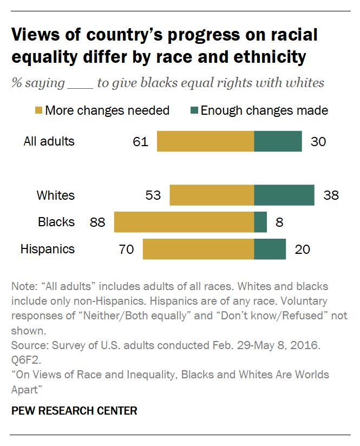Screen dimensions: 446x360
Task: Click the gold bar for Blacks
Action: pyautogui.click(x=184, y=222)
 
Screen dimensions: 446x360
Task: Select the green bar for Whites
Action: pyautogui.click(x=284, y=195)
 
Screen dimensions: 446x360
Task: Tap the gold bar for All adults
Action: pyautogui.click(x=206, y=141)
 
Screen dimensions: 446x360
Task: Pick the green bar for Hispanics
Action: pyautogui.click(x=270, y=250)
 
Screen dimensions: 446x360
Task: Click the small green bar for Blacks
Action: pyautogui.click(x=260, y=222)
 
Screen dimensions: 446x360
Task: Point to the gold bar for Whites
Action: pyautogui.click(x=212, y=195)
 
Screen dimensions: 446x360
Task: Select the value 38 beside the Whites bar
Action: pyautogui.click(x=330, y=195)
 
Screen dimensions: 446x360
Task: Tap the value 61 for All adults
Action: pyautogui.click(x=140, y=141)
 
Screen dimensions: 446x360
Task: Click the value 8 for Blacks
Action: pyautogui.click(x=280, y=222)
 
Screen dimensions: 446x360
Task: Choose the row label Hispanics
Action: pyautogui.click(x=48, y=250)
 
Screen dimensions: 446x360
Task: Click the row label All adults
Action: pyautogui.click(x=49, y=141)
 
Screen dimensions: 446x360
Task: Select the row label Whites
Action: pyautogui.click(x=55, y=195)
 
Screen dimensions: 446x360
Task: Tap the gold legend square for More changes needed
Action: pyautogui.click(x=38, y=111)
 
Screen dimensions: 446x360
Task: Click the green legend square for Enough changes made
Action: pyautogui.click(x=194, y=111)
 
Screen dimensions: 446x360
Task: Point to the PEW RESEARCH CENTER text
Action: pyautogui.click(x=74, y=411)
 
